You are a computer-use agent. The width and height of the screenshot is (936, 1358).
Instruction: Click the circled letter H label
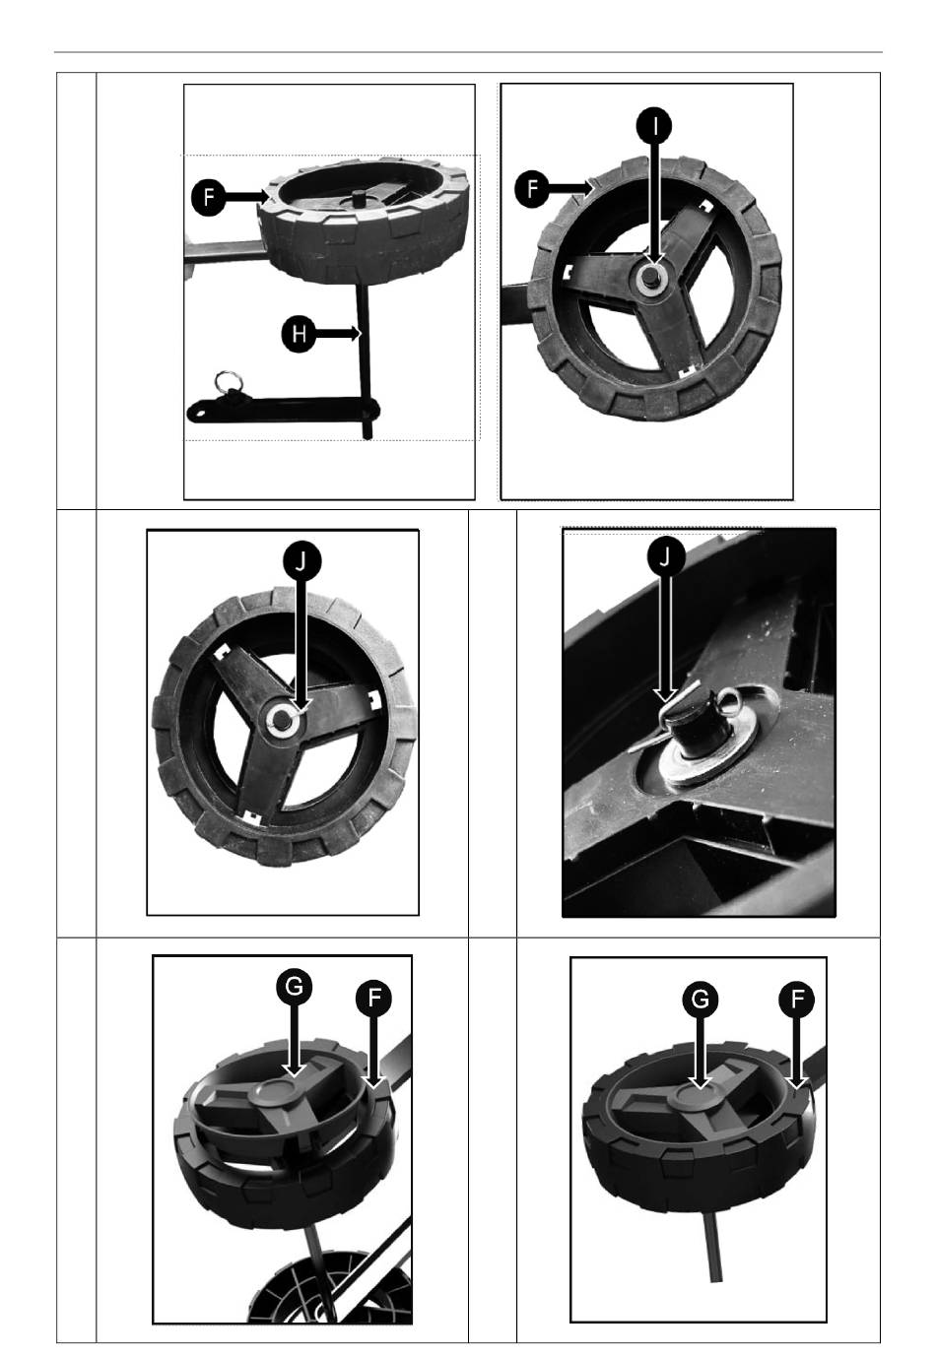tap(299, 334)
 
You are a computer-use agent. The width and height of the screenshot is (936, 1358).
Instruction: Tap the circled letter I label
tap(654, 125)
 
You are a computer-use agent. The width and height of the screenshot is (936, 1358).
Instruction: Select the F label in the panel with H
tap(208, 197)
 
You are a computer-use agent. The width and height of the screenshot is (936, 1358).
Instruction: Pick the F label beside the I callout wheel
tap(531, 189)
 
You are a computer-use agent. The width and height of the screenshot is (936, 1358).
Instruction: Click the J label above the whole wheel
tap(302, 561)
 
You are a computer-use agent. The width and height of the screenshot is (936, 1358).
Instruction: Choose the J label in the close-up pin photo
tap(665, 555)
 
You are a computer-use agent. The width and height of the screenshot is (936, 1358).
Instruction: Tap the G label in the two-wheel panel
tap(294, 987)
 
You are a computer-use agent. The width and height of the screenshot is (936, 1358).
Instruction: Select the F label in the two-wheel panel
tap(373, 999)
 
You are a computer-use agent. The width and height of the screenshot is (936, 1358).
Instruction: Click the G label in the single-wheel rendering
tap(700, 1000)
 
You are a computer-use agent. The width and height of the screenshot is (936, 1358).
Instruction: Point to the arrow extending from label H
tap(338, 334)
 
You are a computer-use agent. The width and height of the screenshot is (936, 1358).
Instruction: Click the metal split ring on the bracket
tap(230, 383)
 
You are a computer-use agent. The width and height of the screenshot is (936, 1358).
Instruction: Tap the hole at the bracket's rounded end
tap(198, 415)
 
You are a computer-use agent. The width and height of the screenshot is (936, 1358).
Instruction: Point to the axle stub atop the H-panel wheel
tap(359, 197)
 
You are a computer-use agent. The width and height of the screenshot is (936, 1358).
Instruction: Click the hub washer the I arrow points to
tap(652, 278)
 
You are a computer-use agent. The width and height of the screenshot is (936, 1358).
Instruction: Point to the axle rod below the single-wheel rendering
tap(713, 1247)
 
